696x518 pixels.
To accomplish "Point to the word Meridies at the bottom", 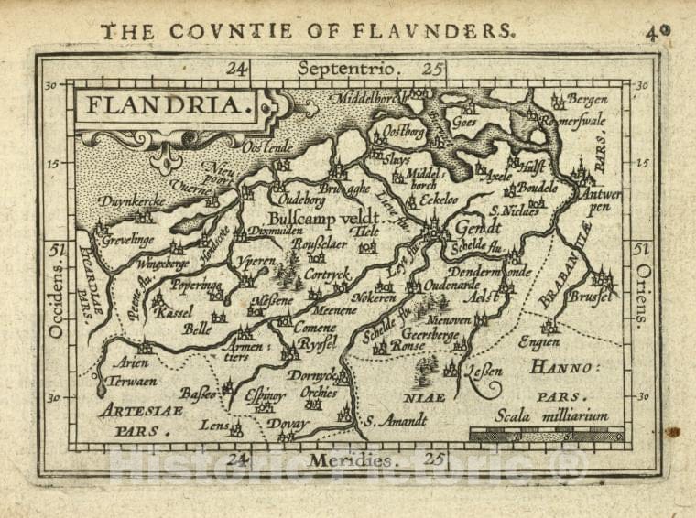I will [353, 459].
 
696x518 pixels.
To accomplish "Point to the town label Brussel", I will [588, 298].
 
